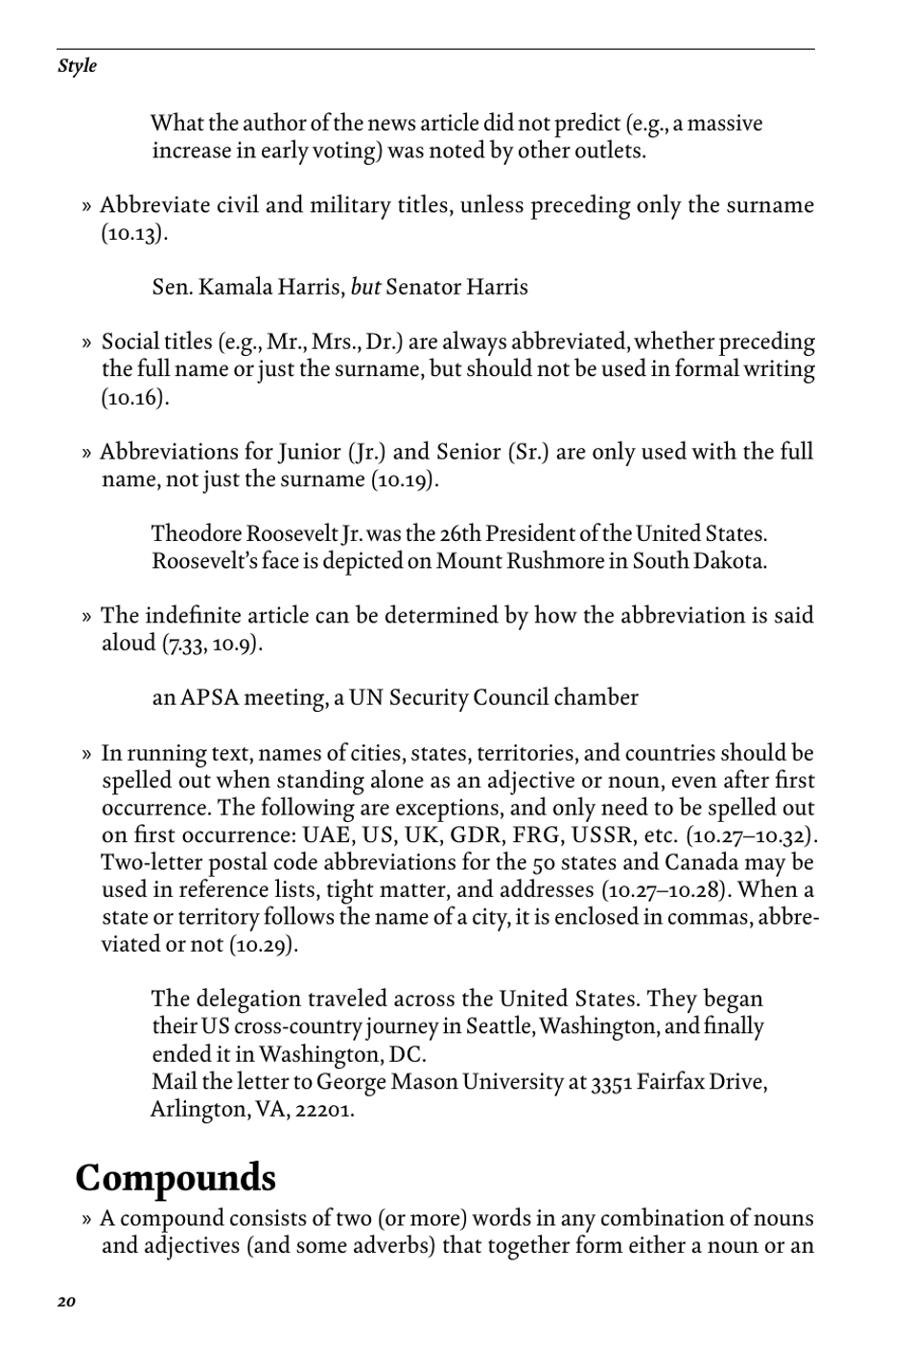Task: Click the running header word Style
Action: click(x=77, y=66)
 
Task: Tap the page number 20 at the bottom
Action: click(x=65, y=1302)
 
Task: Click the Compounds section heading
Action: click(x=175, y=1177)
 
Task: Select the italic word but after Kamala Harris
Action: click(x=366, y=287)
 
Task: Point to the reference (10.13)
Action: click(x=134, y=233)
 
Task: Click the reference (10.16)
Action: click(x=134, y=397)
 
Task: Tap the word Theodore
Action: click(x=196, y=533)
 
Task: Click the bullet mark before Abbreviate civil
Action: click(x=86, y=206)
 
